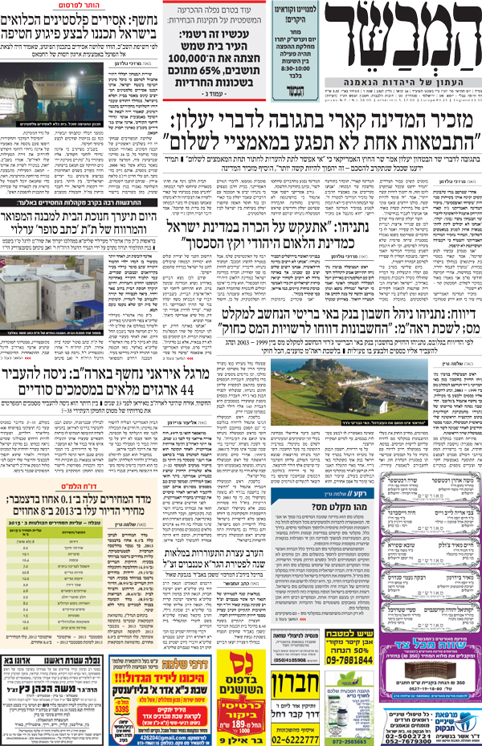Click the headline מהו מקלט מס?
click(x=317, y=506)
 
